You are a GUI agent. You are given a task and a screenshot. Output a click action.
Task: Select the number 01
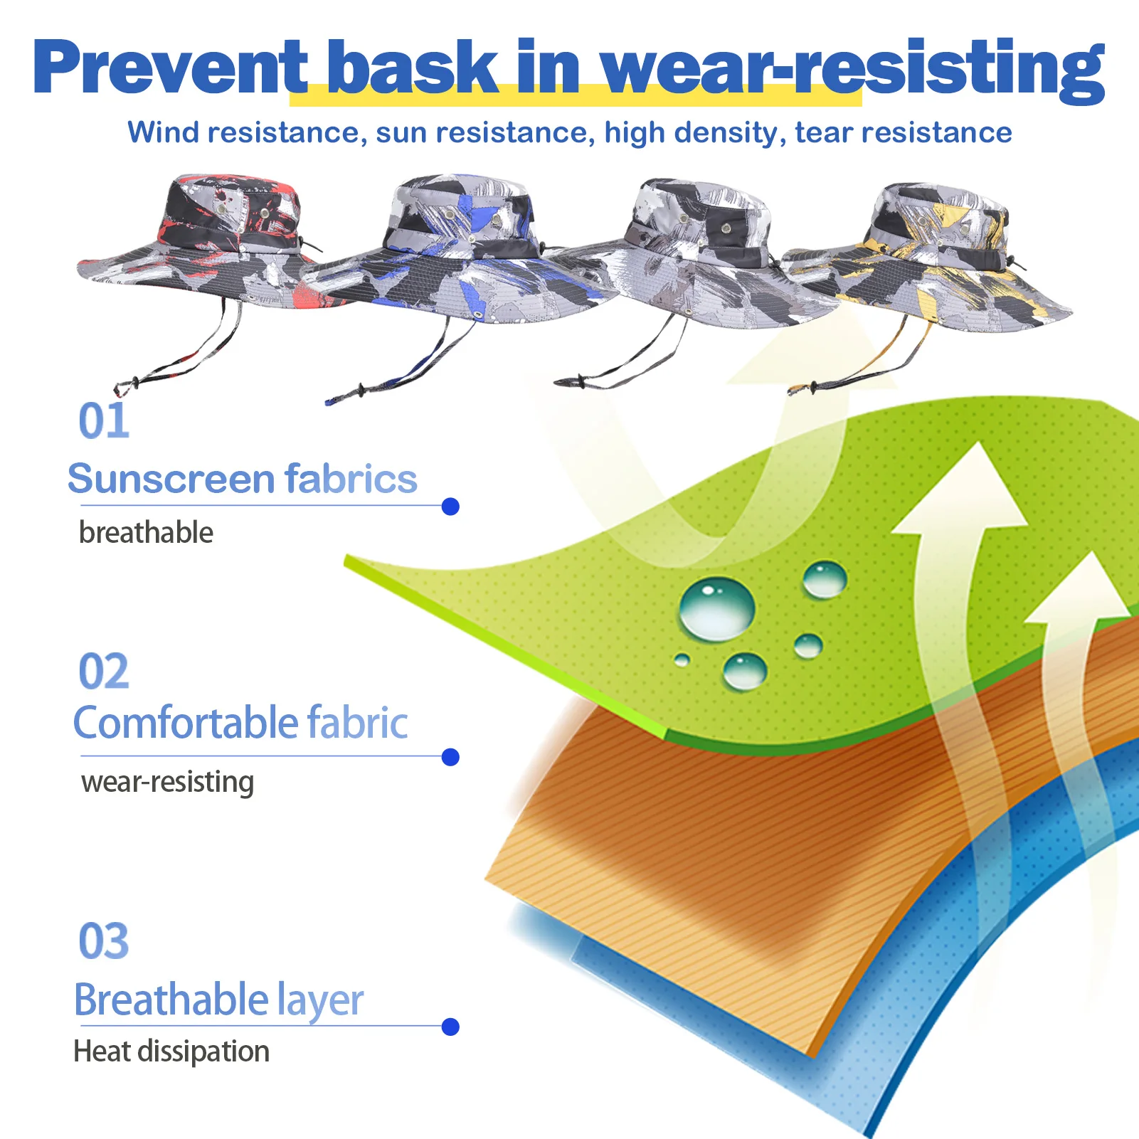[104, 421]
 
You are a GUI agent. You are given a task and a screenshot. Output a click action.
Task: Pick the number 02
[104, 671]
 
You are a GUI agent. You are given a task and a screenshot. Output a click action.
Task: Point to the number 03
[104, 941]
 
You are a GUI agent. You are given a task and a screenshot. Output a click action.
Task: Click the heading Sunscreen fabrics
[243, 478]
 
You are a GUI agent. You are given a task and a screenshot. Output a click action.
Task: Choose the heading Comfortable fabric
[240, 723]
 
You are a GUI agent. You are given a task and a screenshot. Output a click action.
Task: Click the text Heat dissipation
[171, 1051]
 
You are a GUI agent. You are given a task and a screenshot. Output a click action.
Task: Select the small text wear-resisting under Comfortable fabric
[167, 783]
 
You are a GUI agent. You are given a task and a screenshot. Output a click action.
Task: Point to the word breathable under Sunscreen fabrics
[146, 532]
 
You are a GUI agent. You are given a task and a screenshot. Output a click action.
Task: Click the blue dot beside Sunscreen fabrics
[450, 507]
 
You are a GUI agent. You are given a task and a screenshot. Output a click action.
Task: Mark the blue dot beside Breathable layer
[450, 1027]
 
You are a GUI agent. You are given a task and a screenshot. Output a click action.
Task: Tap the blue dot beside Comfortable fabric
[450, 757]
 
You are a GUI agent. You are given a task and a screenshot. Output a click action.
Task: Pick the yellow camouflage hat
[932, 263]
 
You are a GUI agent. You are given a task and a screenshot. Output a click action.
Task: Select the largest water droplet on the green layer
[716, 609]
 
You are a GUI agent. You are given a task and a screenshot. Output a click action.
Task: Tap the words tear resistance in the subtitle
[904, 132]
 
